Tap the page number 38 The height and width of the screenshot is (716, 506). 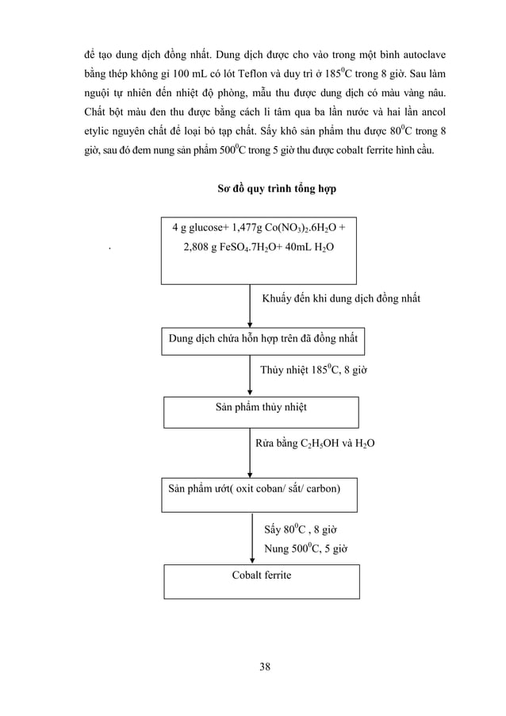click(x=264, y=666)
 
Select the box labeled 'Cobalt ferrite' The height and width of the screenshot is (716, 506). click(x=262, y=581)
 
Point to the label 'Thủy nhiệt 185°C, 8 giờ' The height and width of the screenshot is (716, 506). click(x=313, y=370)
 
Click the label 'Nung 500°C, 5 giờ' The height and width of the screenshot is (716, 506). click(x=305, y=548)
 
